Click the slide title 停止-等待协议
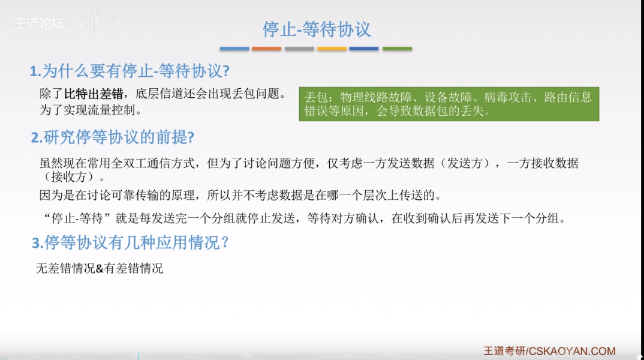[x=317, y=28]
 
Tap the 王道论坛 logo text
[x=38, y=23]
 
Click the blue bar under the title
[x=234, y=49]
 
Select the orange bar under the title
[x=267, y=49]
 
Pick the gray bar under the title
[x=299, y=49]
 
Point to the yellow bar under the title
[x=332, y=49]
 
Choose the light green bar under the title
[x=397, y=49]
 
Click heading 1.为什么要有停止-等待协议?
[x=130, y=71]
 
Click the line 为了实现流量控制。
[x=91, y=110]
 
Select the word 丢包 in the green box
[x=316, y=97]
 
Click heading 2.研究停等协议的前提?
[x=112, y=137]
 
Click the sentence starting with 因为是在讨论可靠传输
[x=240, y=195]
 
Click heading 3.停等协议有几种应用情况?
[x=130, y=243]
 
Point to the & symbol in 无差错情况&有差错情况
[x=100, y=269]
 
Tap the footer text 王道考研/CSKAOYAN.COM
[x=549, y=351]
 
